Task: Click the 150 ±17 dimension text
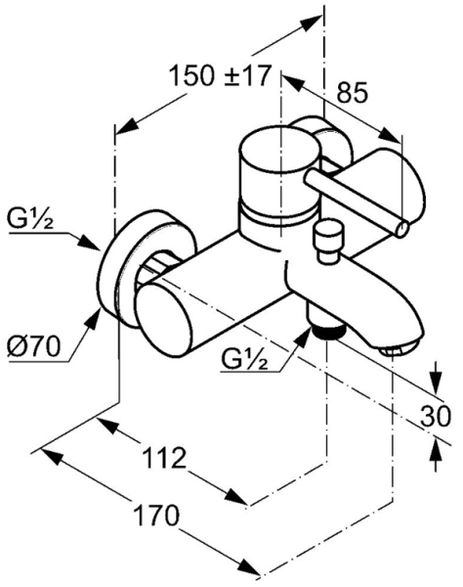click(220, 75)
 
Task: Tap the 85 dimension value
click(353, 93)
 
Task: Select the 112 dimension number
click(164, 458)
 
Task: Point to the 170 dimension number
click(156, 516)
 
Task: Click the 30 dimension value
click(436, 416)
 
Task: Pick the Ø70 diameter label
click(33, 346)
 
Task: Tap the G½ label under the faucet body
click(245, 359)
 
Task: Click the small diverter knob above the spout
click(328, 241)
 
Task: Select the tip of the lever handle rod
click(402, 229)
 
